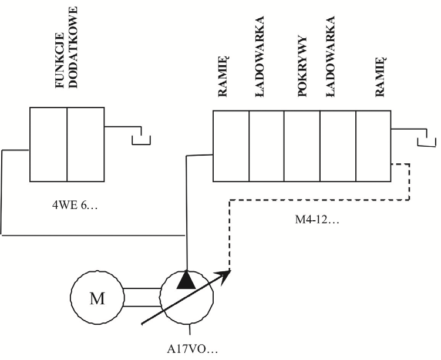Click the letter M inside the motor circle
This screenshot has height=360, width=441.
97,298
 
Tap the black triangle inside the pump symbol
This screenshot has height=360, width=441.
186,280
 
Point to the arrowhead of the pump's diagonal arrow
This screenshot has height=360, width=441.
224,277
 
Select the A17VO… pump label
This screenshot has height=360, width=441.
193,349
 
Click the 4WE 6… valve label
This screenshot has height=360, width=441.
75,206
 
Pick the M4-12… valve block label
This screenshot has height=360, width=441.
317,220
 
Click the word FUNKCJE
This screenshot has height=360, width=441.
60,60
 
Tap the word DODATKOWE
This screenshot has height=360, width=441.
73,48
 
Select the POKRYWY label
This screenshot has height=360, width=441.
302,66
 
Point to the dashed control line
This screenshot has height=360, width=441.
319,200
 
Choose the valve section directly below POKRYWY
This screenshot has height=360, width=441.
302,146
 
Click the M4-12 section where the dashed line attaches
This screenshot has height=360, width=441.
373,146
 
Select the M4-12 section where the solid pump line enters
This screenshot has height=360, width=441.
231,146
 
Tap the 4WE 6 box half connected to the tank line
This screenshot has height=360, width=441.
86,144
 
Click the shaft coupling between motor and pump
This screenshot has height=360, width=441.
142,297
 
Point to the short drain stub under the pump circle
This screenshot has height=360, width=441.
190,329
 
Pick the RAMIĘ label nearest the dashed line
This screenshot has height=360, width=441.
381,77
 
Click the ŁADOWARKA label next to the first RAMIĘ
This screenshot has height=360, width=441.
260,56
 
